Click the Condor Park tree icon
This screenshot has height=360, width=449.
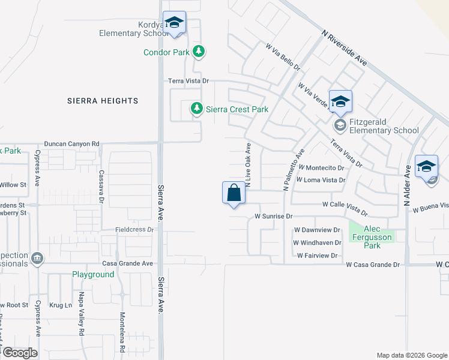tap(199, 52)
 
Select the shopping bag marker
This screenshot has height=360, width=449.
tap(234, 193)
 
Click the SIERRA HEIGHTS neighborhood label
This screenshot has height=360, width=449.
tap(103, 101)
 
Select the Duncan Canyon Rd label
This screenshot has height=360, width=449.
tap(71, 144)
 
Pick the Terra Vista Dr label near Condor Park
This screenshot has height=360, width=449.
tap(188, 80)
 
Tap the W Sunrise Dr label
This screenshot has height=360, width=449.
tap(273, 215)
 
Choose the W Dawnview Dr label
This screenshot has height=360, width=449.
tap(318, 230)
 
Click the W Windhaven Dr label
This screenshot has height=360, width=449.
tap(317, 242)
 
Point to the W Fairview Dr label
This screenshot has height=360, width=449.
tap(318, 256)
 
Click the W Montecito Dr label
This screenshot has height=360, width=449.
tap(321, 168)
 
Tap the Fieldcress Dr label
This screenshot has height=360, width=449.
tap(134, 230)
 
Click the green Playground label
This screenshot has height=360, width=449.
tap(93, 274)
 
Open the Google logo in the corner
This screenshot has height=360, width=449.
tap(19, 353)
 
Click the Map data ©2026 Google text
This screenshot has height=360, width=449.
tap(411, 355)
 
